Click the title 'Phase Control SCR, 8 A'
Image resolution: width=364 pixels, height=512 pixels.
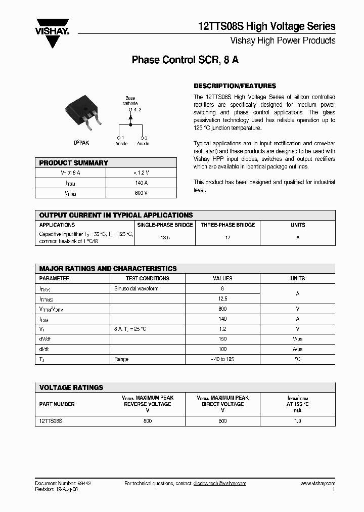pos(185,60)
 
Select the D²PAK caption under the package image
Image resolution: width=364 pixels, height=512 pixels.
pos(81,143)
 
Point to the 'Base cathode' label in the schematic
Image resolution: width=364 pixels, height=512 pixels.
pos(130,101)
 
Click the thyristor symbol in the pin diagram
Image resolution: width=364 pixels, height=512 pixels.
pos(130,117)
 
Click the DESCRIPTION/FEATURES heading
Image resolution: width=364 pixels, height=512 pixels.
pos(235,86)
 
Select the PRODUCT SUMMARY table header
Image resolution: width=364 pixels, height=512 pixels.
pos(74,163)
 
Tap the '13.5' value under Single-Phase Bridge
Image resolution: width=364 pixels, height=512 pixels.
pos(164,237)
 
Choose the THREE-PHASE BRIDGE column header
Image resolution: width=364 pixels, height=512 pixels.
pos(227,225)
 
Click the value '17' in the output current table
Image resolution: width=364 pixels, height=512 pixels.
pos(227,237)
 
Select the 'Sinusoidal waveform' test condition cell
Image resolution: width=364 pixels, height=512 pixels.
pos(136,288)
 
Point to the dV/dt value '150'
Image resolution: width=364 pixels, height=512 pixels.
pos(222,339)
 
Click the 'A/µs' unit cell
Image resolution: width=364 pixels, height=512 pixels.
pos(297,349)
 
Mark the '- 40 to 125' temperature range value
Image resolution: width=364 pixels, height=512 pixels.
pos(222,359)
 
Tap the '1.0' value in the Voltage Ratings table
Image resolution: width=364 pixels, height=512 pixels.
pos(297,420)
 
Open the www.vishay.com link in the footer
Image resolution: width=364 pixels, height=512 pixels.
pos(317,484)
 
